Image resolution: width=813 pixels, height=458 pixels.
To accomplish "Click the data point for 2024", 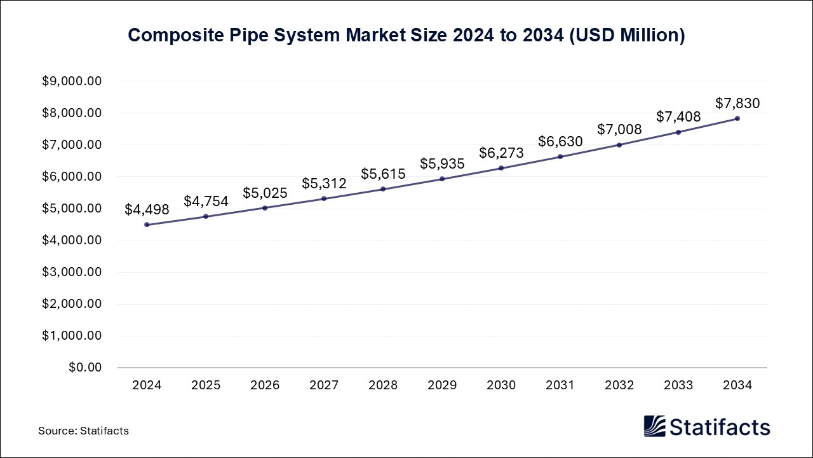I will (147, 225).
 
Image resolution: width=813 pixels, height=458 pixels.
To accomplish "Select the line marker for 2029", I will (442, 179).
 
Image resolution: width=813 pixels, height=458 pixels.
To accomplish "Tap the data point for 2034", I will (737, 118).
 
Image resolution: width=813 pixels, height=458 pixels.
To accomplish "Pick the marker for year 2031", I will (560, 156).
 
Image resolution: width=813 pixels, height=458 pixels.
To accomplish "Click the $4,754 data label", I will (206, 202).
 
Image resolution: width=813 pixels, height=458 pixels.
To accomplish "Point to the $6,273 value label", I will (501, 153).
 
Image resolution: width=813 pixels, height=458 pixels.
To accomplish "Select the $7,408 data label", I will (678, 116).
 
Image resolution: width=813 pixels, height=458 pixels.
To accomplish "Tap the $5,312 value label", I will (324, 184).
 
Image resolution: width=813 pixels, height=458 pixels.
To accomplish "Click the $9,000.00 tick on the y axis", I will (72, 81).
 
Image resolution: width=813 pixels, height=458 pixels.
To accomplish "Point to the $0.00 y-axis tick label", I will (84, 368).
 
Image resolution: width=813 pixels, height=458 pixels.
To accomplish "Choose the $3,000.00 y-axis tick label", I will (72, 272).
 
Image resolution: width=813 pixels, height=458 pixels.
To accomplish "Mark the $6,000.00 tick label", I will (72, 177).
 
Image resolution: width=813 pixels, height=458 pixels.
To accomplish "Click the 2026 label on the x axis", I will (265, 385).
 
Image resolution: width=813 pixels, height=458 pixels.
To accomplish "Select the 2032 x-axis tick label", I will (619, 385).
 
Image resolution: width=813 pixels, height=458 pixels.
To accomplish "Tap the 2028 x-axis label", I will (383, 385).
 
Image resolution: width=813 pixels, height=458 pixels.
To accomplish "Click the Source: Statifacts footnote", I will (83, 431).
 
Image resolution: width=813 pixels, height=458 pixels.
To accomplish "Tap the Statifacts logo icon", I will (654, 427).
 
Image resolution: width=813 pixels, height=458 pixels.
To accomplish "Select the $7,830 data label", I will (737, 103).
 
